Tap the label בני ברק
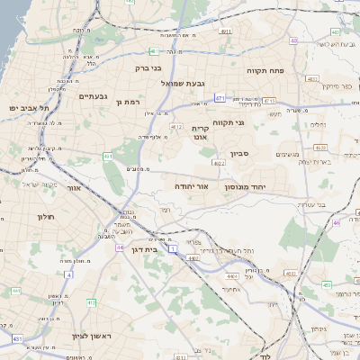coord(148,67)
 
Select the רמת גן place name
coord(130,102)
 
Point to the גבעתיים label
coord(93,96)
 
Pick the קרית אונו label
coord(200,133)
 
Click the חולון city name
coord(47,217)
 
